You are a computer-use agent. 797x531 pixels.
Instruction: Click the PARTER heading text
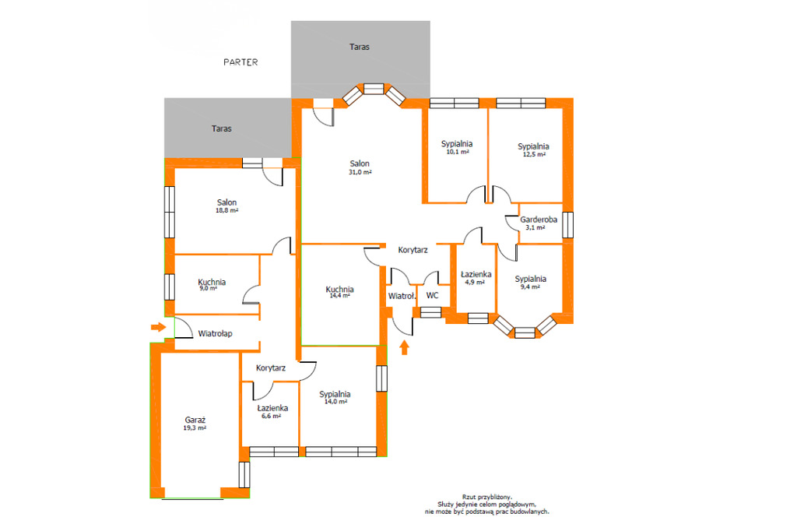pyautogui.click(x=241, y=62)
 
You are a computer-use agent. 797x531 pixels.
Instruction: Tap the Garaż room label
pyautogui.click(x=195, y=420)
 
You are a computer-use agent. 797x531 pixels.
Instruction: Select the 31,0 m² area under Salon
pyautogui.click(x=360, y=172)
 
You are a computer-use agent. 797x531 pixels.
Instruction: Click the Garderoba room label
pyautogui.click(x=539, y=220)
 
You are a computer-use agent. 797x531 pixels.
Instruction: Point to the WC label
pyautogui.click(x=432, y=296)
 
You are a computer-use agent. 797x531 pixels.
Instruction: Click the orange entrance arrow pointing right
pyautogui.click(x=159, y=326)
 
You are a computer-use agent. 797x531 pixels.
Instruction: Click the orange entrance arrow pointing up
pyautogui.click(x=404, y=347)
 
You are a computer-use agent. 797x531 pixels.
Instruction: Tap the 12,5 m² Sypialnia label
pyautogui.click(x=533, y=150)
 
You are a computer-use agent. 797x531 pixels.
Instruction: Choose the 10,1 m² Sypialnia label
pyautogui.click(x=456, y=147)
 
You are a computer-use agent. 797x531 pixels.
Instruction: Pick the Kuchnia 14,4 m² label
pyautogui.click(x=339, y=292)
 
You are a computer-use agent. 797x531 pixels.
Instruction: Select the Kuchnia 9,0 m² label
pyautogui.click(x=212, y=285)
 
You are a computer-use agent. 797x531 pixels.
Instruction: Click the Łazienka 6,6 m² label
pyautogui.click(x=272, y=411)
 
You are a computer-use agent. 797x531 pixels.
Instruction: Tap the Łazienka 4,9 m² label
pyautogui.click(x=476, y=278)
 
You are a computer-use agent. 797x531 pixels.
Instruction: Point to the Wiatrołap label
pyautogui.click(x=215, y=334)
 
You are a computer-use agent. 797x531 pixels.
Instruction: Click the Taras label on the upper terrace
pyautogui.click(x=360, y=47)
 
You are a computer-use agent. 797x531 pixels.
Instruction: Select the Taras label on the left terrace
pyautogui.click(x=222, y=128)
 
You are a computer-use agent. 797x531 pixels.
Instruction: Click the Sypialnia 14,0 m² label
pyautogui.click(x=335, y=397)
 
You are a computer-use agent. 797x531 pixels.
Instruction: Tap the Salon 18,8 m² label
pyautogui.click(x=226, y=206)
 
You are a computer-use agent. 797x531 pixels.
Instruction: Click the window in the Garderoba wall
pyautogui.click(x=567, y=225)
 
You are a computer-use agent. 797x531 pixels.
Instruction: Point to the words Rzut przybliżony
pyautogui.click(x=487, y=497)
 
